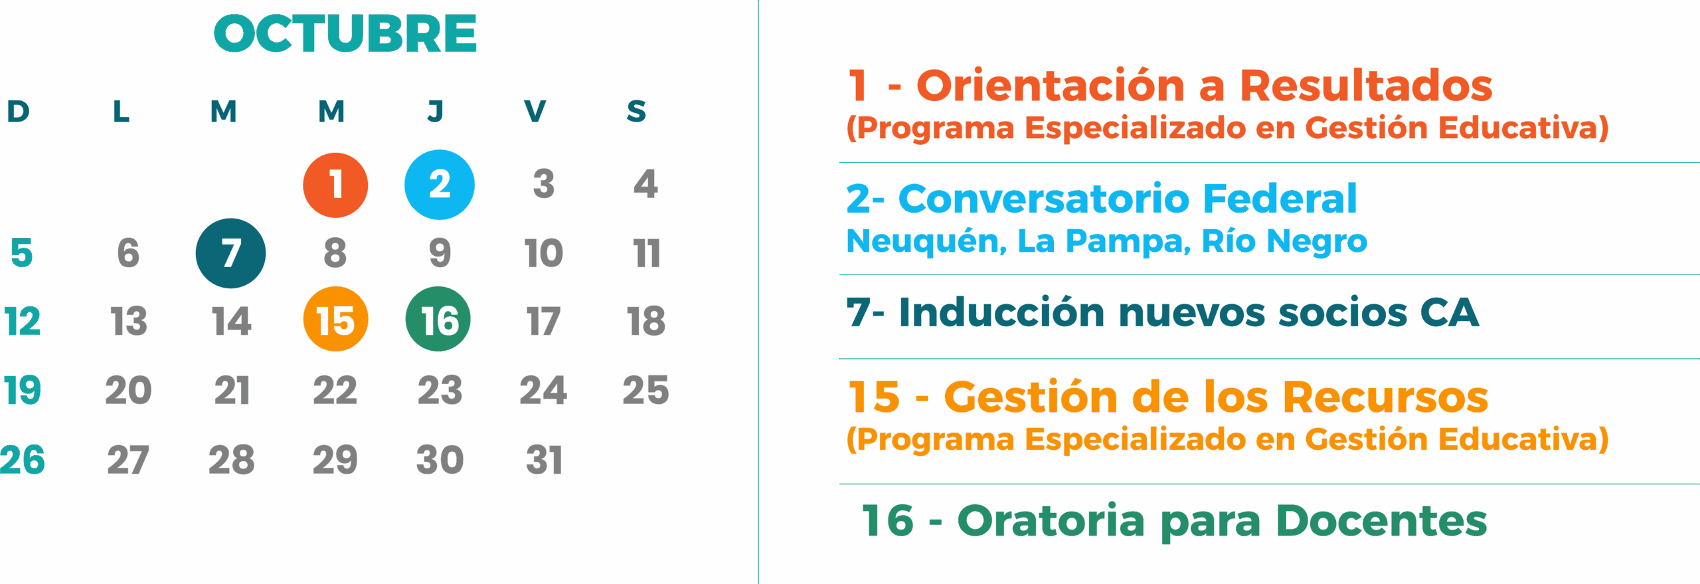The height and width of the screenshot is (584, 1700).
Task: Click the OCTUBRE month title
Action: coord(345,33)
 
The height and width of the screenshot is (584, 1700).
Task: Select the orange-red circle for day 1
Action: coord(335,185)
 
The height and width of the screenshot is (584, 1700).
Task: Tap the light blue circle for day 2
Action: coord(440,185)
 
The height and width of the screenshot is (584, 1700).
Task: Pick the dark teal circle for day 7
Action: coord(230,253)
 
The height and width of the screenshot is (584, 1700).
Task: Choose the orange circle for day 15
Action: coord(335,319)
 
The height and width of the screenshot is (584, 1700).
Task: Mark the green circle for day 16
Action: coord(438,319)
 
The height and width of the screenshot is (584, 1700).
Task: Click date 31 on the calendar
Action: coord(544,460)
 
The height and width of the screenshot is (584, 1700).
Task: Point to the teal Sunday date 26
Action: coord(23,460)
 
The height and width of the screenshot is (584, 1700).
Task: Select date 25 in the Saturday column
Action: coord(645,390)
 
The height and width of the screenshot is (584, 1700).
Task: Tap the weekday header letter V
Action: coord(535,111)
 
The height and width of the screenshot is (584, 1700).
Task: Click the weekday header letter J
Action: coord(436,111)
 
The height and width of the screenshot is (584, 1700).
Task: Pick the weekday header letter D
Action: coord(18,111)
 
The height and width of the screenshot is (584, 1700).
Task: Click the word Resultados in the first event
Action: coord(1367,86)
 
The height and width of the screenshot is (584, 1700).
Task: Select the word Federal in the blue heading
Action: coord(1280,198)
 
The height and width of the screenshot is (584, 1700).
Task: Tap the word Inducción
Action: coord(1001,312)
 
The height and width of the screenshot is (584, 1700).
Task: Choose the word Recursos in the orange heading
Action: coord(1385,397)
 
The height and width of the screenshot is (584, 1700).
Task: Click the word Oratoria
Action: coord(1051,520)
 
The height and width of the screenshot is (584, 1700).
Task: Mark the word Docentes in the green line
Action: coord(1382,520)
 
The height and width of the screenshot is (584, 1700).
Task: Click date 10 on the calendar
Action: coord(543,253)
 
